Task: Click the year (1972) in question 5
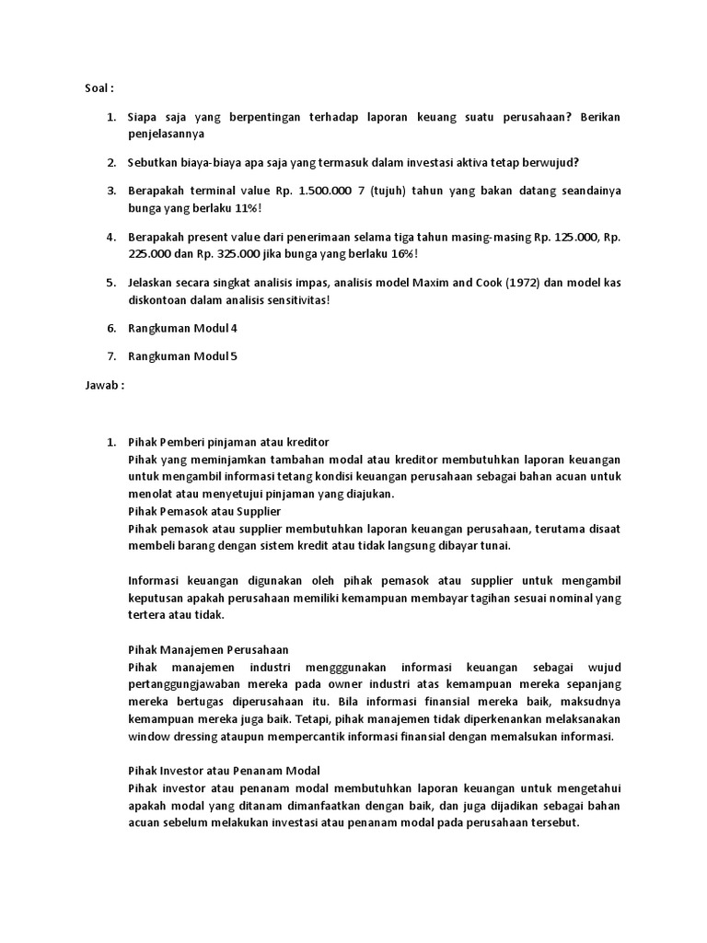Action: point(470,283)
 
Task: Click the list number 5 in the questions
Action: point(111,283)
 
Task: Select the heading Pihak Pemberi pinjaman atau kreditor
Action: point(228,442)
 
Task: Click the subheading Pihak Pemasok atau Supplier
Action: point(204,510)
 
